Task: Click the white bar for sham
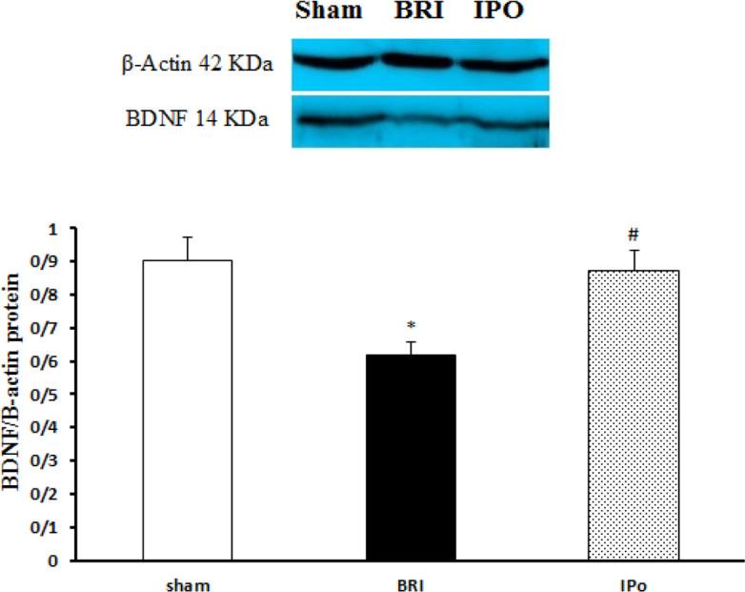click(188, 410)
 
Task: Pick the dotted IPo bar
click(634, 416)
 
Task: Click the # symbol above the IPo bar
click(634, 235)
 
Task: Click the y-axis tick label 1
click(63, 229)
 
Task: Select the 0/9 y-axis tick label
click(55, 262)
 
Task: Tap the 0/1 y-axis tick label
click(55, 527)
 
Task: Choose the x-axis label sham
click(187, 580)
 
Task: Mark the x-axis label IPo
click(634, 580)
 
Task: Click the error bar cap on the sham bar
click(188, 237)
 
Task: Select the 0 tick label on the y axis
click(63, 561)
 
